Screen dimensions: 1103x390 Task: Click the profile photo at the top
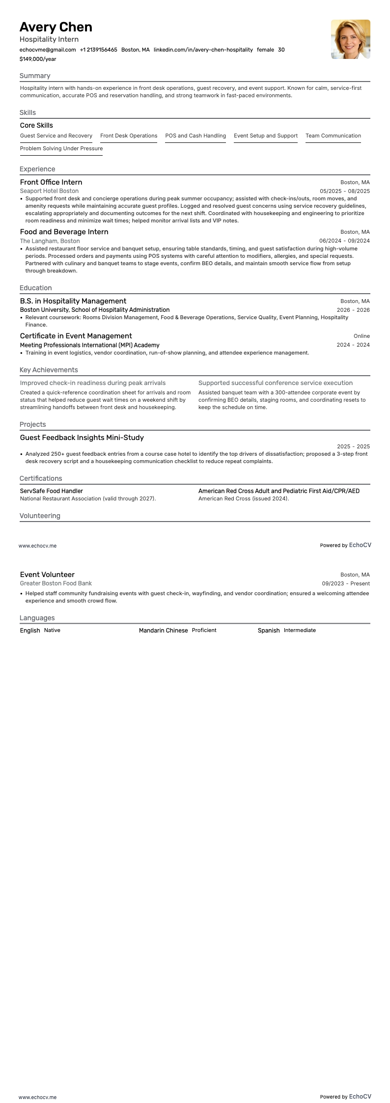[350, 39]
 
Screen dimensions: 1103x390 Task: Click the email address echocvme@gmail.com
[48, 50]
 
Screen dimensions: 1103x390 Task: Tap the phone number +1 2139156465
[98, 50]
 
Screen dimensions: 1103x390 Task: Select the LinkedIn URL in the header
[203, 50]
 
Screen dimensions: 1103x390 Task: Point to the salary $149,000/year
[38, 59]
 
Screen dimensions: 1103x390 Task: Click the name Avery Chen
[56, 27]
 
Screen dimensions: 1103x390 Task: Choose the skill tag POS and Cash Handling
[195, 136]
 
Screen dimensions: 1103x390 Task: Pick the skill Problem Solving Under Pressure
[61, 149]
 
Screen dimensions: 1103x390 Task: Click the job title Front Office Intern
[51, 182]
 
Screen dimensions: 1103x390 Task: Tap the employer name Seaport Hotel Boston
[49, 191]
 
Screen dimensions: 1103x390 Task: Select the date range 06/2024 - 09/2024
[344, 241]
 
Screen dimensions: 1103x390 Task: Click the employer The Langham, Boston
[50, 241]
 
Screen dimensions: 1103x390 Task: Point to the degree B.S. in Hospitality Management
[73, 301]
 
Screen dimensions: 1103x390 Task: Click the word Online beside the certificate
[362, 336]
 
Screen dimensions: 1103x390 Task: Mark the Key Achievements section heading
[49, 370]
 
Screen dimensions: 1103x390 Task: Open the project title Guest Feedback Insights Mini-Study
[82, 438]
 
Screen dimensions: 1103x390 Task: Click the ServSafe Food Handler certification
[52, 491]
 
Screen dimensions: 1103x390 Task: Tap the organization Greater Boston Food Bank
[56, 583]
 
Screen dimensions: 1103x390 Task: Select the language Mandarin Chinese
[163, 631]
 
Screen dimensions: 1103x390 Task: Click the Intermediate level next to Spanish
[300, 631]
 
